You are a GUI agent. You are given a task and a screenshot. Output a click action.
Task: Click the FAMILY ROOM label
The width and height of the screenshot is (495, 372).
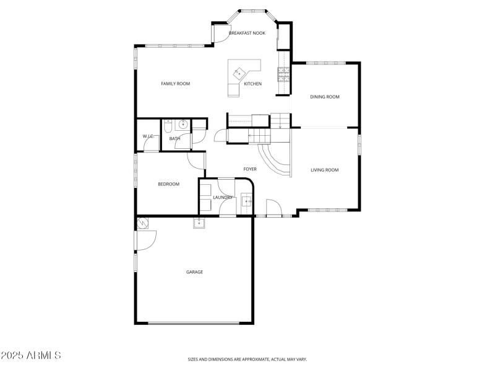pyautogui.click(x=175, y=84)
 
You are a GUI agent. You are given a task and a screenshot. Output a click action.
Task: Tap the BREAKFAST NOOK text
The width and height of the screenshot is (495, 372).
pyautogui.click(x=247, y=33)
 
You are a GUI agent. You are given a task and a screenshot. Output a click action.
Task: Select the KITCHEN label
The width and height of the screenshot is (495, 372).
pyautogui.click(x=252, y=84)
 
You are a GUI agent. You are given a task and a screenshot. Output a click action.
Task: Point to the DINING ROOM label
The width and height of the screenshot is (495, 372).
pyautogui.click(x=325, y=97)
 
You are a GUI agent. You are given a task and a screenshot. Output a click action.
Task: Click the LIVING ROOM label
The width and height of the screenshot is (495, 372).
pyautogui.click(x=324, y=170)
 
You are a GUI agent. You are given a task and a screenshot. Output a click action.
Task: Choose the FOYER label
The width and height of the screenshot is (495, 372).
pyautogui.click(x=249, y=169)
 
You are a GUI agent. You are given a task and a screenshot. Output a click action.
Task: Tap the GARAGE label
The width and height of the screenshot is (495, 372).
pyautogui.click(x=195, y=272)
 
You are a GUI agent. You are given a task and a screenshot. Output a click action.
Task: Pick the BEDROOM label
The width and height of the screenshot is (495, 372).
pyautogui.click(x=168, y=184)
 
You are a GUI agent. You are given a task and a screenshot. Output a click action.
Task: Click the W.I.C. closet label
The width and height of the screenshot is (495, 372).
pyautogui.click(x=148, y=136)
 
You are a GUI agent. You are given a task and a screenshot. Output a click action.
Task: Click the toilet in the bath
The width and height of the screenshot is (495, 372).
pyautogui.click(x=168, y=127)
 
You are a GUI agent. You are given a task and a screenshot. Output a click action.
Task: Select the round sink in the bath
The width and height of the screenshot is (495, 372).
pyautogui.click(x=183, y=123)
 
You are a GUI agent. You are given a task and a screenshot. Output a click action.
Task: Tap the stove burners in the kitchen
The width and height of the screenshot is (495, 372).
pyautogui.click(x=283, y=74)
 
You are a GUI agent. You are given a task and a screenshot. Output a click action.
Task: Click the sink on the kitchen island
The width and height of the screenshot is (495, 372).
pyautogui.click(x=237, y=73)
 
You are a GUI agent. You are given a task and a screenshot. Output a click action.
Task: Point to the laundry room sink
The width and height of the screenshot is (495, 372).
pyautogui.click(x=246, y=201)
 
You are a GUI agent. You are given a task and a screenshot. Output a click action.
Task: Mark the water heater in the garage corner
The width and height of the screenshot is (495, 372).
pyautogui.click(x=142, y=223)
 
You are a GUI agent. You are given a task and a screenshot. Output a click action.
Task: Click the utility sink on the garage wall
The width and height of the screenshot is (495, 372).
pyautogui.click(x=199, y=223)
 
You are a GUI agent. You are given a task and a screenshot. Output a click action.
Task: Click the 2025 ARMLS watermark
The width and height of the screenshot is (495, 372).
pyautogui.click(x=31, y=356)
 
